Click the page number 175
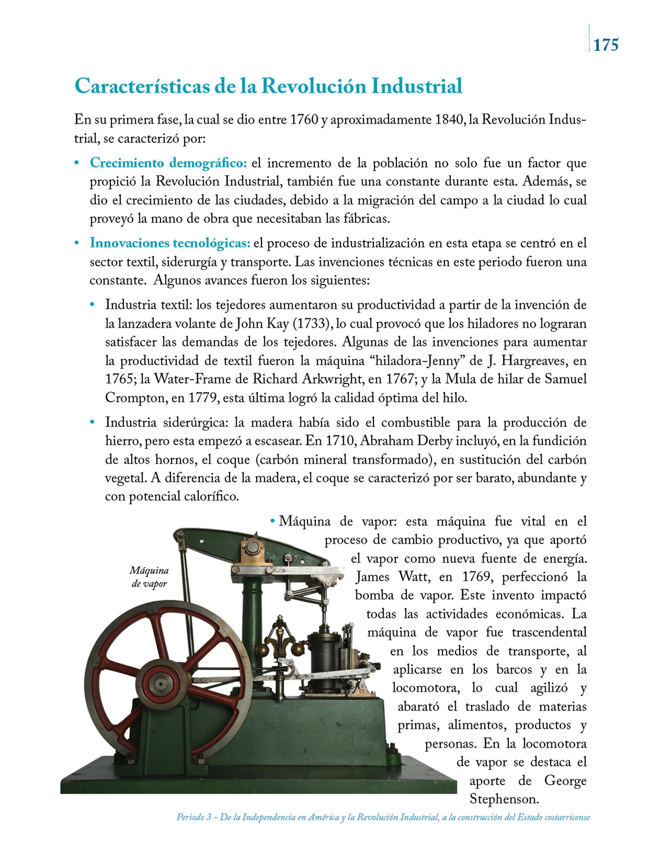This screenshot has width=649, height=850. coord(606,44)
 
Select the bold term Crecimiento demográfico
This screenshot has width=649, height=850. coord(168,163)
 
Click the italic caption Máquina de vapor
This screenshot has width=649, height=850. coord(149,577)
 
